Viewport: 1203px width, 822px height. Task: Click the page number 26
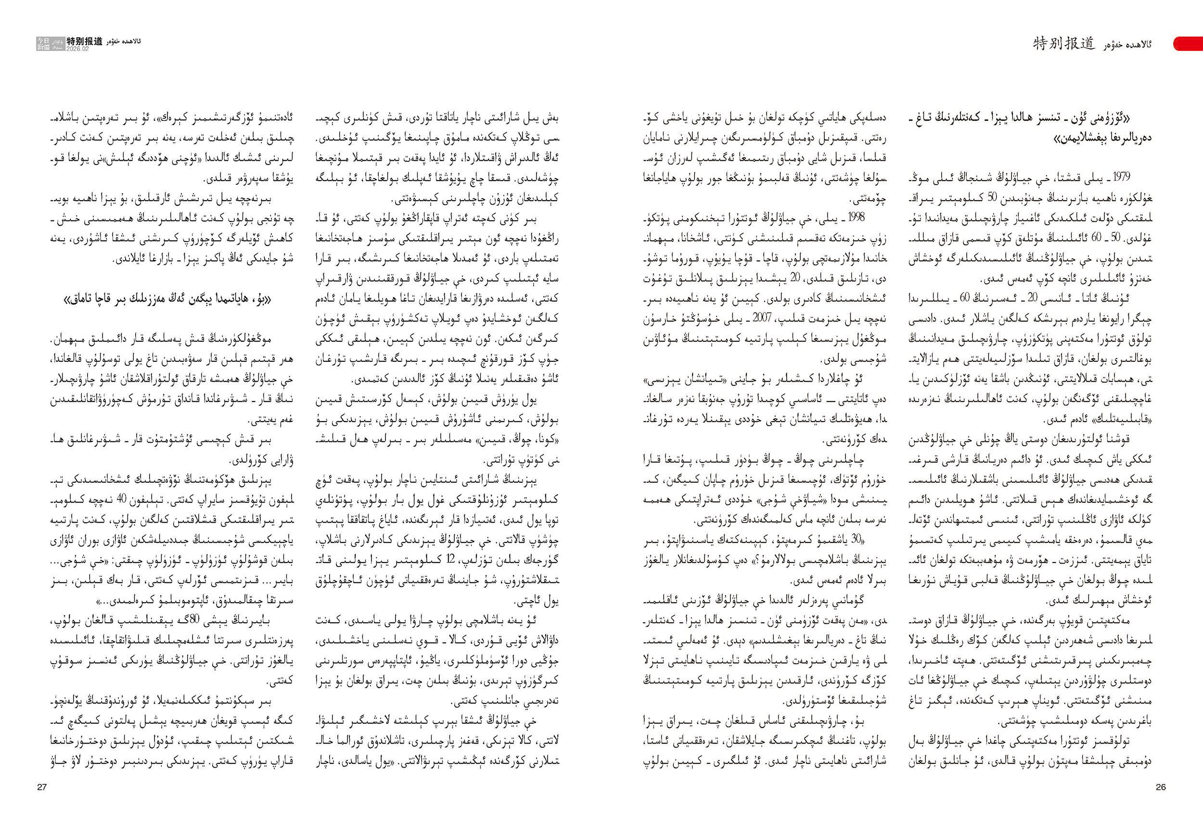[1161, 787]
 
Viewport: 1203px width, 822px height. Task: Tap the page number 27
[42, 787]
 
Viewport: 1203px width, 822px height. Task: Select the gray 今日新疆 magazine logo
[43, 43]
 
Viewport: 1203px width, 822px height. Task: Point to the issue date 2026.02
[77, 49]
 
